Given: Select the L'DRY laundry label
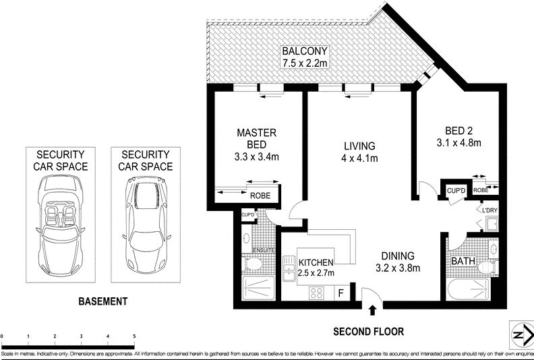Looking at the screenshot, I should tap(489, 210).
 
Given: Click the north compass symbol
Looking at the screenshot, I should tap(518, 334).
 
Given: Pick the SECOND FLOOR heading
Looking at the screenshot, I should tap(369, 331).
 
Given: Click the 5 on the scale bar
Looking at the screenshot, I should tap(134, 336).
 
